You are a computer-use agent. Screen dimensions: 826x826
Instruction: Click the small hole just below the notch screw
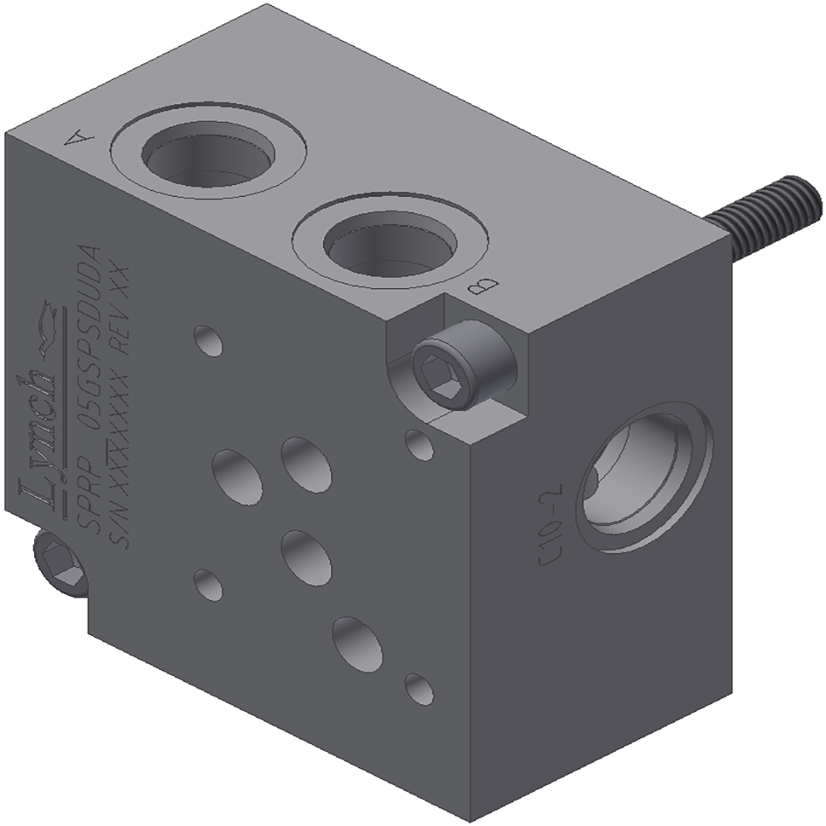[418, 444]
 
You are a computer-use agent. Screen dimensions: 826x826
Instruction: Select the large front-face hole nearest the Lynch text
[237, 474]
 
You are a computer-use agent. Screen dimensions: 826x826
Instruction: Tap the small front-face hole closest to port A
[207, 340]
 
